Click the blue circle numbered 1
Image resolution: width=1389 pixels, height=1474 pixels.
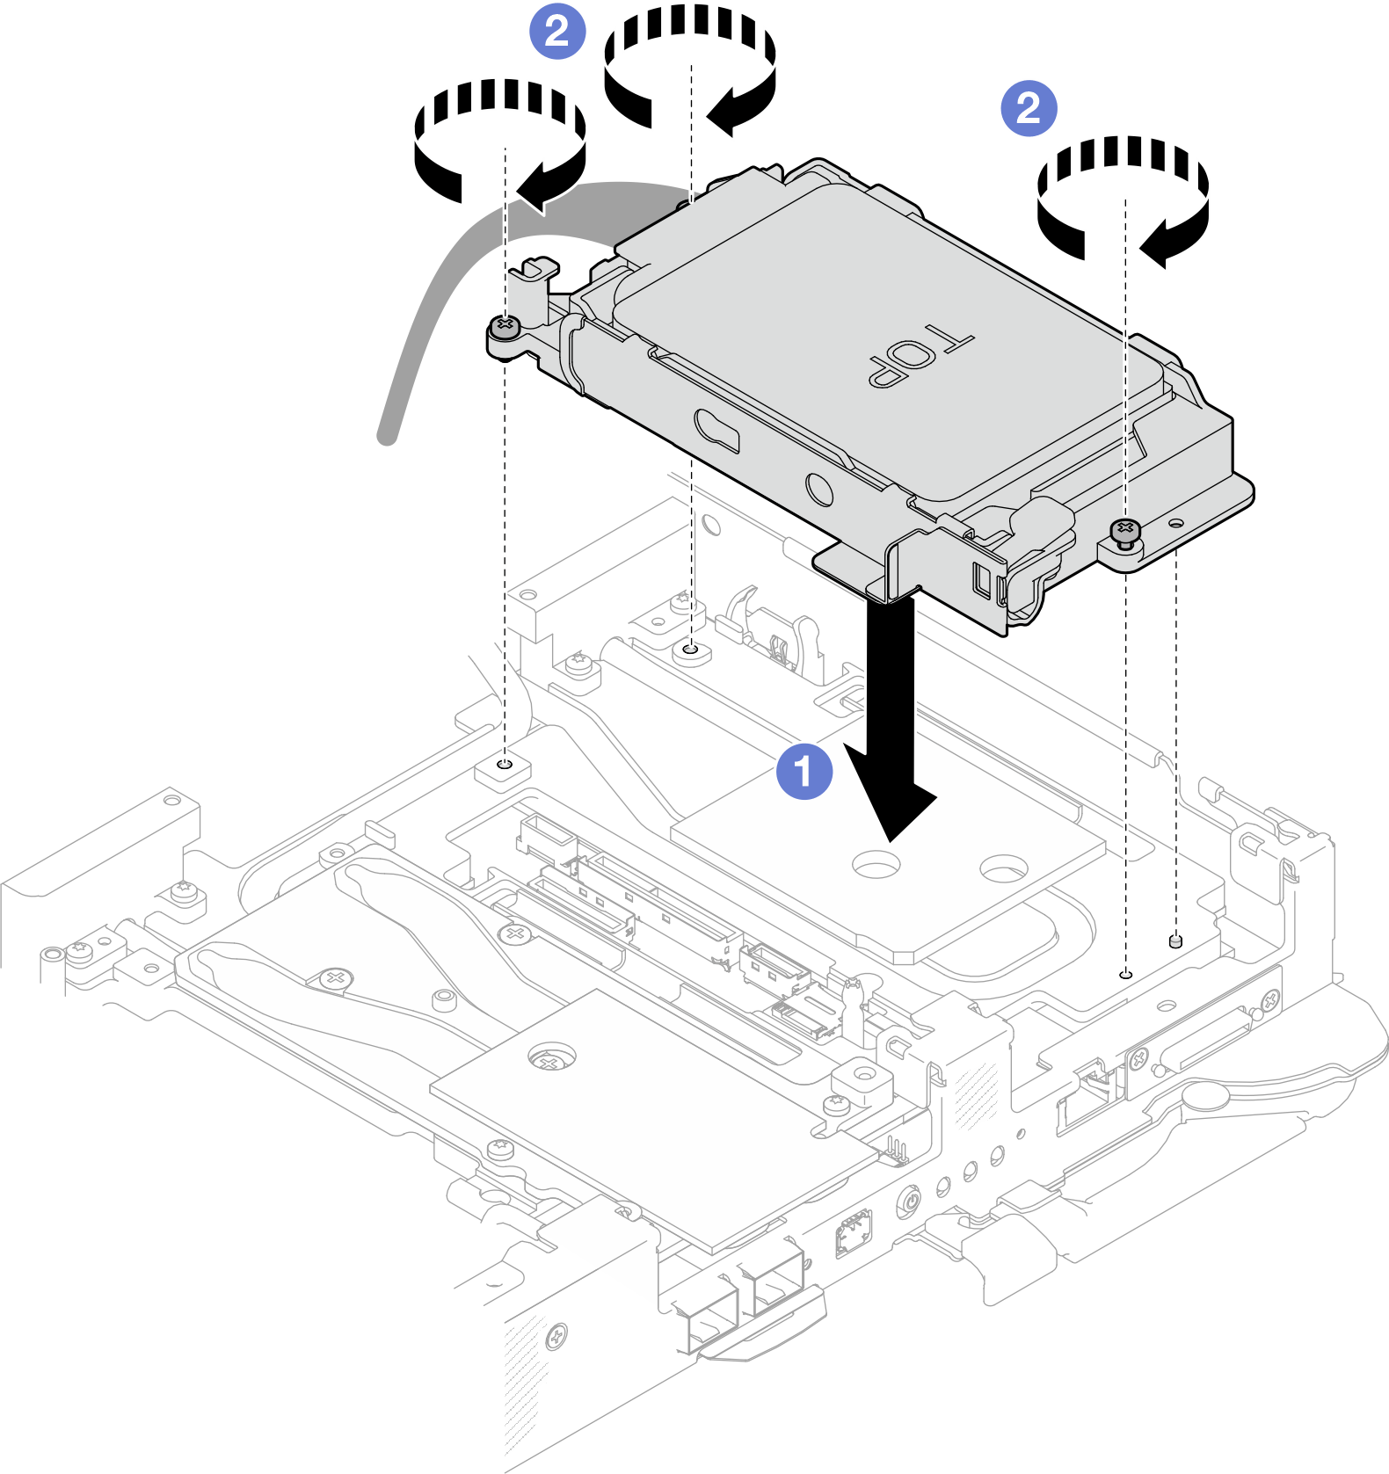click(804, 772)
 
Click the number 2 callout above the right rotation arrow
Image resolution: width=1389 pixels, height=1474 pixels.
click(1029, 108)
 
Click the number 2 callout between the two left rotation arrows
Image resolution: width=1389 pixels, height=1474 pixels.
click(556, 32)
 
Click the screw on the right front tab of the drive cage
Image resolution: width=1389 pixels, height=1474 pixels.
click(1124, 531)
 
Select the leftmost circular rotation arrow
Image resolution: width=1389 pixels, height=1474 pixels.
click(499, 141)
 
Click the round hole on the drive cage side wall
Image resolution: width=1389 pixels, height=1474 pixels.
click(819, 488)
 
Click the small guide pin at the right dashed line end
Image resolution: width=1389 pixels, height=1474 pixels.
click(1176, 941)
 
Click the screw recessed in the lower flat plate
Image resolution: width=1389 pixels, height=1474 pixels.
click(550, 1060)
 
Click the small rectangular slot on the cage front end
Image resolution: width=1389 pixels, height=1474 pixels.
click(982, 579)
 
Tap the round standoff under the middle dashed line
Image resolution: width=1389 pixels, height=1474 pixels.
click(691, 652)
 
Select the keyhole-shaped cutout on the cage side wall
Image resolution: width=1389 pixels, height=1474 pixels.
click(716, 429)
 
